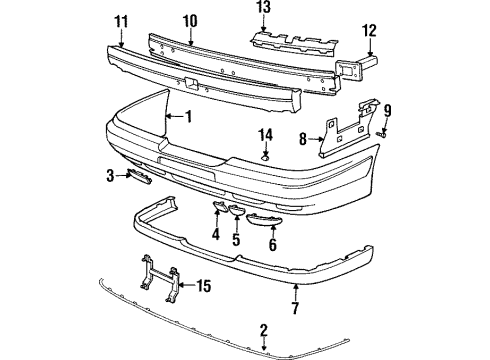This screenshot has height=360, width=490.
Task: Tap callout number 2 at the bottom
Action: pyautogui.click(x=264, y=329)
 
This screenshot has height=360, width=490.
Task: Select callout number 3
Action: pyautogui.click(x=112, y=177)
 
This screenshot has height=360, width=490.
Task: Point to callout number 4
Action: pyautogui.click(x=216, y=237)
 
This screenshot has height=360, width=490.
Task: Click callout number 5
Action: pyautogui.click(x=236, y=240)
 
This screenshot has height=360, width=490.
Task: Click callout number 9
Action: pyautogui.click(x=388, y=110)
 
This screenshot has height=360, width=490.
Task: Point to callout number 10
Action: pyautogui.click(x=190, y=21)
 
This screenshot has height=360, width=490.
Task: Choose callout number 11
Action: pyautogui.click(x=121, y=21)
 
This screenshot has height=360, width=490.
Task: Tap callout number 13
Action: pyautogui.click(x=263, y=9)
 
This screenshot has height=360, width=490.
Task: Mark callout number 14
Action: pyautogui.click(x=266, y=134)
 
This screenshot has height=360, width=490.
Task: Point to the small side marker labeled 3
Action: pyautogui.click(x=138, y=177)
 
